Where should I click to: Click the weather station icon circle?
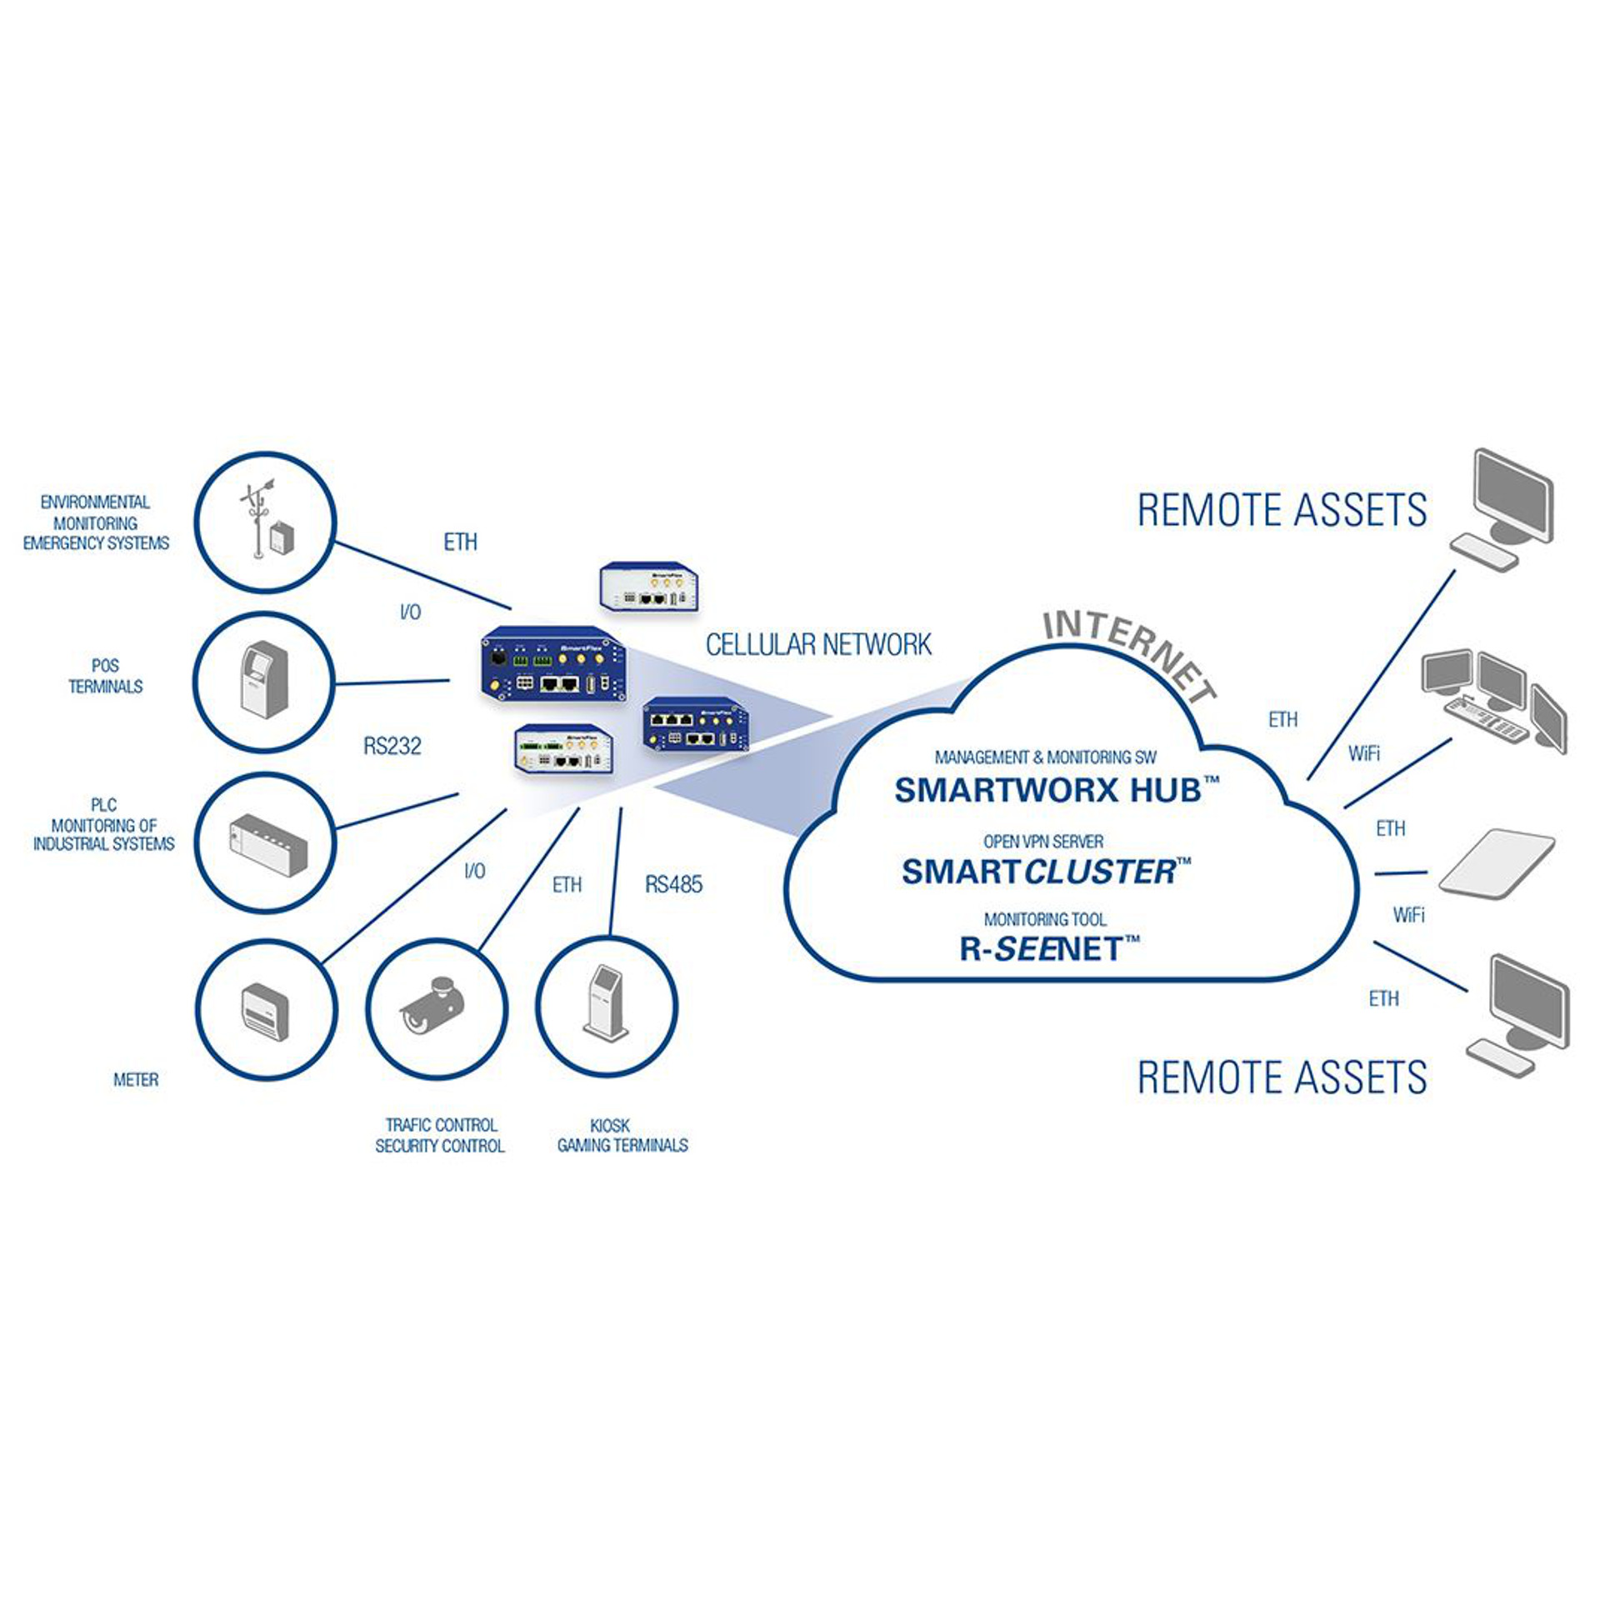click(x=265, y=522)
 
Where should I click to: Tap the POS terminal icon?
click(x=264, y=681)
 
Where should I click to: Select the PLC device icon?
click(x=267, y=842)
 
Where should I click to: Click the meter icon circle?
click(x=266, y=1010)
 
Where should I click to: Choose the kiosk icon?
click(x=606, y=1004)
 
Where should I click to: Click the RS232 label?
click(x=392, y=746)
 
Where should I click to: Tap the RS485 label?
click(x=673, y=884)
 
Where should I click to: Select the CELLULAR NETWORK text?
click(x=818, y=644)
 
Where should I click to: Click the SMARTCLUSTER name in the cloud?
click(x=1046, y=872)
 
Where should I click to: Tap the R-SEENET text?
click(x=1049, y=949)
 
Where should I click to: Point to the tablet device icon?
click(x=1496, y=863)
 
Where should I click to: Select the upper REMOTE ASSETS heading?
click(x=1282, y=510)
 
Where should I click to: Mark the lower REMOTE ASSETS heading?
click(x=1282, y=1077)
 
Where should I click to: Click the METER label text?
click(x=136, y=1080)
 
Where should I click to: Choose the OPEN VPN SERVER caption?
click(x=1043, y=842)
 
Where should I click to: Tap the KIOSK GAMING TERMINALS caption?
click(x=622, y=1136)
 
